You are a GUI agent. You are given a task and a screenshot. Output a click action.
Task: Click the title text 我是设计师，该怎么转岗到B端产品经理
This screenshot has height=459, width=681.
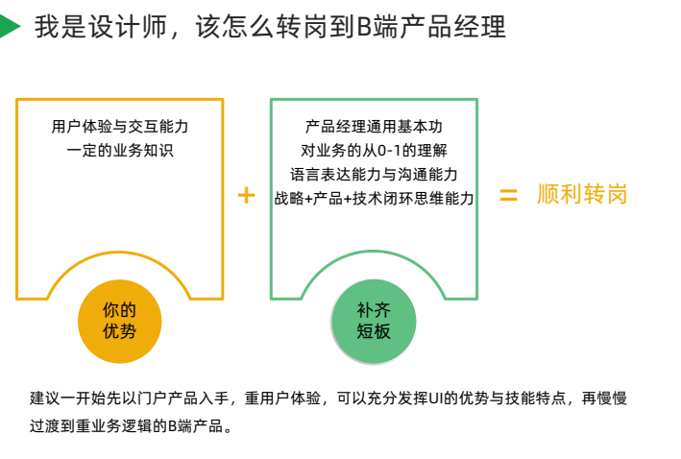click(270, 27)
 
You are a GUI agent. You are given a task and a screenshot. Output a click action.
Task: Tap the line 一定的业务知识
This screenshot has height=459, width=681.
click(120, 150)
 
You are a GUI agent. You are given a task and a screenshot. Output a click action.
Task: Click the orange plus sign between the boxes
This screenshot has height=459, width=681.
click(247, 195)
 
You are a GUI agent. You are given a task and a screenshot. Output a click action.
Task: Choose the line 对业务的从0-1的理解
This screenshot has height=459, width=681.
click(374, 150)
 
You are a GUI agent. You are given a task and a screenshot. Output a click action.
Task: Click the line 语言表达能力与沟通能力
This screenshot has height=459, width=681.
click(374, 174)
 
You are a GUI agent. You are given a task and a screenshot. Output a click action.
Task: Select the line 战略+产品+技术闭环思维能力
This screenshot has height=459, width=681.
click(374, 198)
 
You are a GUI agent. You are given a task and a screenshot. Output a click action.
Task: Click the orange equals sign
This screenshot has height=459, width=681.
click(508, 195)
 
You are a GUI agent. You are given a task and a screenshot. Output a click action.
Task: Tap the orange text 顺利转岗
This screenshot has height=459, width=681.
click(582, 195)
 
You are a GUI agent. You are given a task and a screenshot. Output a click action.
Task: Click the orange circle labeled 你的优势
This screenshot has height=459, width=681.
click(119, 322)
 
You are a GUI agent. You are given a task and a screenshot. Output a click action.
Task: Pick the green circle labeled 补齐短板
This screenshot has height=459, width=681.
click(374, 322)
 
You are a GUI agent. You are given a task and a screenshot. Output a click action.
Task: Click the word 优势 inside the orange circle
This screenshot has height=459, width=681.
click(119, 332)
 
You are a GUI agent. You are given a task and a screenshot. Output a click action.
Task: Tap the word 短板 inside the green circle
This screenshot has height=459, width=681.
click(374, 332)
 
